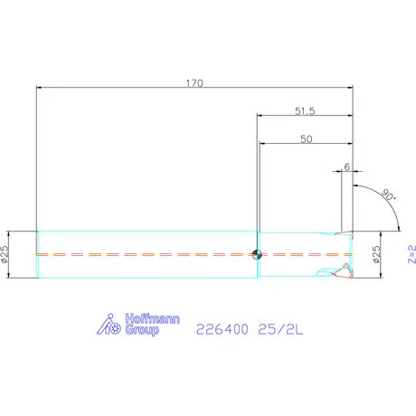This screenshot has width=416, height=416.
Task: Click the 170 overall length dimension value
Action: tap(194, 82)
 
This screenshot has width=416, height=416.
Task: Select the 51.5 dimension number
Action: tap(304, 110)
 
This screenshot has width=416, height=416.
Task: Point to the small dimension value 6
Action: tap(347, 167)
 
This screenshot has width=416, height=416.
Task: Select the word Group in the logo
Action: tap(140, 332)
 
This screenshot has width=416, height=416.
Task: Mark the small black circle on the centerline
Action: tap(258, 254)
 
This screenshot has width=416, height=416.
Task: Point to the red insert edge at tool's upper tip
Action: tap(344, 233)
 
